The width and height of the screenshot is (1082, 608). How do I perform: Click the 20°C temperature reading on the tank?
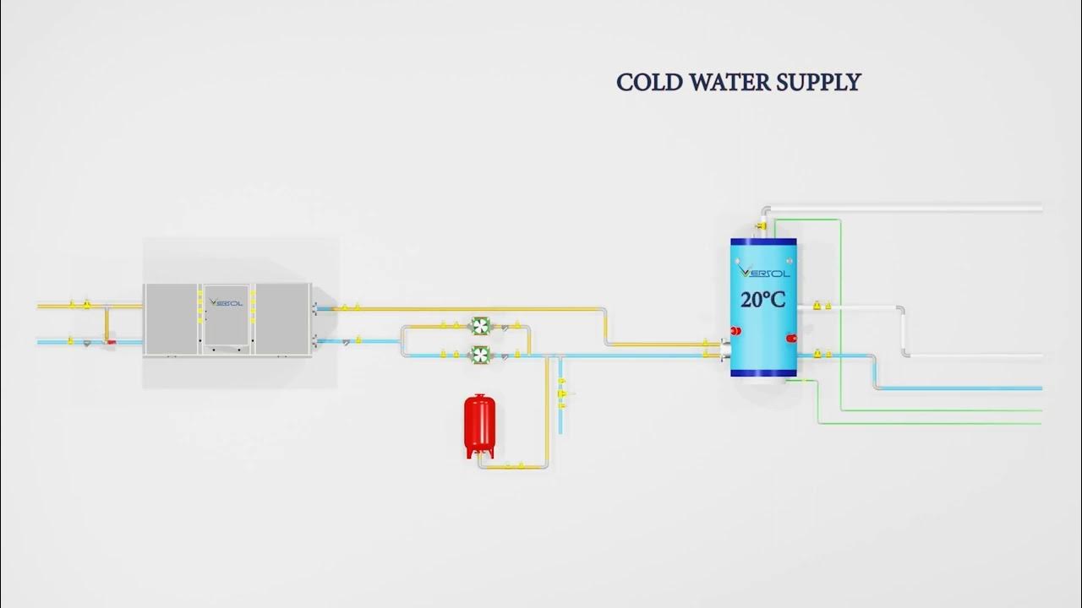click(763, 299)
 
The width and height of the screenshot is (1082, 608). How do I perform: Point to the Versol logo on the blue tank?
click(763, 272)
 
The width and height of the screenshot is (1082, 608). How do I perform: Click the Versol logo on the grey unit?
click(227, 302)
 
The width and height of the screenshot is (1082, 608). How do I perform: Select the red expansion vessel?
click(479, 425)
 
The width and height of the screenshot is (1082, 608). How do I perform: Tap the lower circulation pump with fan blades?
click(480, 354)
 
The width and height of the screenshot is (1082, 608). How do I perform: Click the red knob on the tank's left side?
click(735, 330)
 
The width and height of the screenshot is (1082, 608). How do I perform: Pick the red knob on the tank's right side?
click(792, 339)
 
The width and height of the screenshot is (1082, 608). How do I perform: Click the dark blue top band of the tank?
click(763, 244)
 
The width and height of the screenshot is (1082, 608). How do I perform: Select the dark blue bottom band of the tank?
click(763, 371)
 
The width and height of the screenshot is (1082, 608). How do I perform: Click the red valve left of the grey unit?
click(110, 342)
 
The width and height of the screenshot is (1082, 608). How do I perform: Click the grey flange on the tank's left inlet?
click(724, 350)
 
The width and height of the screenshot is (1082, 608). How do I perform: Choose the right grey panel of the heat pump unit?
click(282, 319)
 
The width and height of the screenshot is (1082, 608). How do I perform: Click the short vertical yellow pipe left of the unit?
click(106, 322)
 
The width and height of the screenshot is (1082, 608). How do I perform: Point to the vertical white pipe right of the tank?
click(901, 330)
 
